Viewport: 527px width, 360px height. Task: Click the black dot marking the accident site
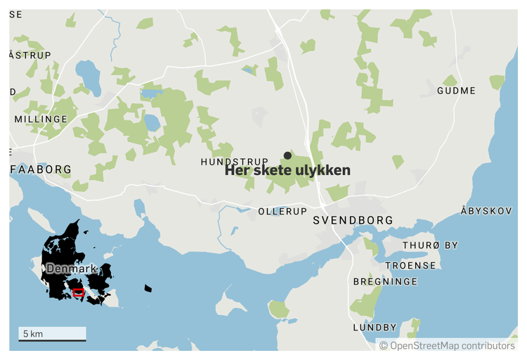pyautogui.click(x=287, y=155)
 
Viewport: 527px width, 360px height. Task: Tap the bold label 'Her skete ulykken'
pyautogui.click(x=287, y=171)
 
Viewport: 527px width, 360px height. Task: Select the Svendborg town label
pyautogui.click(x=353, y=221)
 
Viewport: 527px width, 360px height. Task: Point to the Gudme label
pyautogui.click(x=456, y=91)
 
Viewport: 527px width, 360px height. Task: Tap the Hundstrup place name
pyautogui.click(x=234, y=162)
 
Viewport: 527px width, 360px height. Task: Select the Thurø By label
pyautogui.click(x=430, y=245)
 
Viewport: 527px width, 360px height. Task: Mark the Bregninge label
pyautogui.click(x=385, y=281)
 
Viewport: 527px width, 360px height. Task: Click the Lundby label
pyautogui.click(x=375, y=327)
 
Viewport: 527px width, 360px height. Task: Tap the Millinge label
pyautogui.click(x=41, y=120)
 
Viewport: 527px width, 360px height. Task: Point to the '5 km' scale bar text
pyautogui.click(x=33, y=333)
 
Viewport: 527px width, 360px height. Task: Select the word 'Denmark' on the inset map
pyautogui.click(x=70, y=269)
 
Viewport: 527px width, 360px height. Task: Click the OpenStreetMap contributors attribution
pyautogui.click(x=447, y=345)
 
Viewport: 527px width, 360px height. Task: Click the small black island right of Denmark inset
pyautogui.click(x=148, y=288)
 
